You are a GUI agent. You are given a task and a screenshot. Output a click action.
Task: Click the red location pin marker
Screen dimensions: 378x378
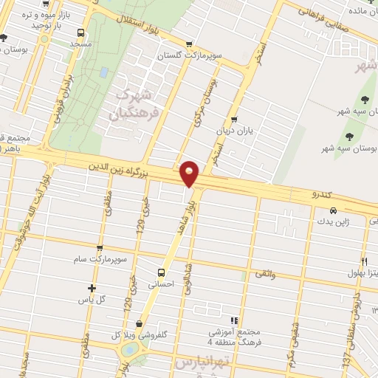click(190, 174)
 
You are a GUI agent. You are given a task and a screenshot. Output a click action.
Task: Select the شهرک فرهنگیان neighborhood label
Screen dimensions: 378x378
click(132, 105)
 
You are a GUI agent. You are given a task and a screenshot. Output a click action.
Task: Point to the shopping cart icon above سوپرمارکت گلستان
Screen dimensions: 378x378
click(190, 44)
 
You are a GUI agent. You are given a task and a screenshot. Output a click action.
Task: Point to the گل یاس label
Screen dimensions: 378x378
click(92, 300)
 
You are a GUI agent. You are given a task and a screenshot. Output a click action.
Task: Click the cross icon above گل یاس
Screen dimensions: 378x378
click(92, 288)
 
